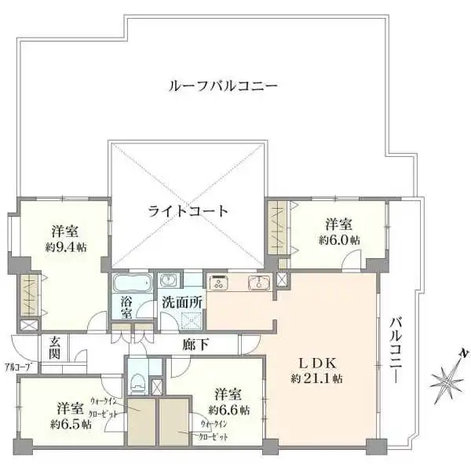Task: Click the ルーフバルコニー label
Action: point(223,86)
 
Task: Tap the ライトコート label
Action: point(188,210)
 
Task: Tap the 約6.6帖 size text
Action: point(229,409)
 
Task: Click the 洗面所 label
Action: point(183,302)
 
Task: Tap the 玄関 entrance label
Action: point(55,349)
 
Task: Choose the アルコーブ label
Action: point(16,367)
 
